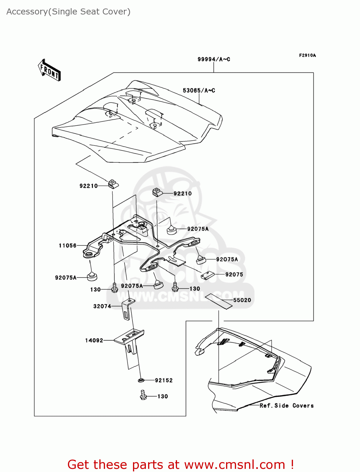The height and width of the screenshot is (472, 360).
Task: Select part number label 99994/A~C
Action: [213, 59]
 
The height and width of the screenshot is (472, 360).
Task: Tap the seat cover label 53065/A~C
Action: [199, 91]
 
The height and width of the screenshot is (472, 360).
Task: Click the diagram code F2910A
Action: [307, 55]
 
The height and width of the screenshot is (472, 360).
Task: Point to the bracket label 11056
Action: [68, 245]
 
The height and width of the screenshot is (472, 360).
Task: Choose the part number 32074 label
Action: [102, 306]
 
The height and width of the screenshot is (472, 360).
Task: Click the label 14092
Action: [94, 340]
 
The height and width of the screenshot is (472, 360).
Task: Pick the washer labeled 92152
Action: [141, 380]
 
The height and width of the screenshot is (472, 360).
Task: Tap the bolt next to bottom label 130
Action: [143, 395]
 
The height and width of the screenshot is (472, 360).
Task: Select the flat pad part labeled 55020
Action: [219, 301]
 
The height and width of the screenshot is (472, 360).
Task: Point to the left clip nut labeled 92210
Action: [113, 184]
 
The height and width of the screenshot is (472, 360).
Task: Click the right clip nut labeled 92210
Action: [158, 192]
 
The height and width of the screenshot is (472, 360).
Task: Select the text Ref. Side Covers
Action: [286, 406]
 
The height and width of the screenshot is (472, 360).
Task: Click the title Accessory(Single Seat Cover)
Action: [68, 12]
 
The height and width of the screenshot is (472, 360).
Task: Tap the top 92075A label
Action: [198, 229]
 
